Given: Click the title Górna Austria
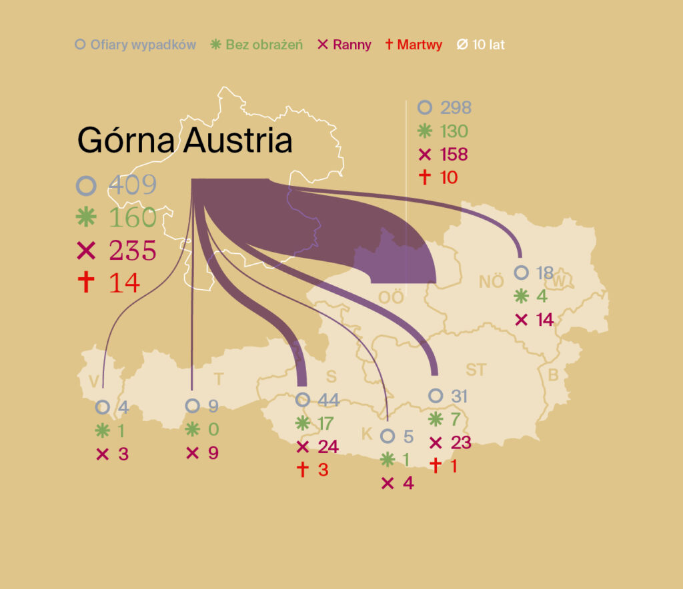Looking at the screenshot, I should click(185, 141).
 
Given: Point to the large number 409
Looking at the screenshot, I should click(133, 185).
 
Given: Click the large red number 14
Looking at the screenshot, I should click(124, 283).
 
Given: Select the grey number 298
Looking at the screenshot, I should click(455, 107).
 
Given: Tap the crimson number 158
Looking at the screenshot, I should click(454, 155).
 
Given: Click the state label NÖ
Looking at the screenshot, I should click(491, 281).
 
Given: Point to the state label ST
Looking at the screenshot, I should click(476, 370).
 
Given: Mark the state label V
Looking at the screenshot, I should click(94, 380).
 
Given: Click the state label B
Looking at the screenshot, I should click(553, 375).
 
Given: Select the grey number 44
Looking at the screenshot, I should click(328, 400).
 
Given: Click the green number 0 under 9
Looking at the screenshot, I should click(213, 429).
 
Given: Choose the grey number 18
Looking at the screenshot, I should click(544, 273).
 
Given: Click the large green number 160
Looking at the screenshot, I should click(133, 217).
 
